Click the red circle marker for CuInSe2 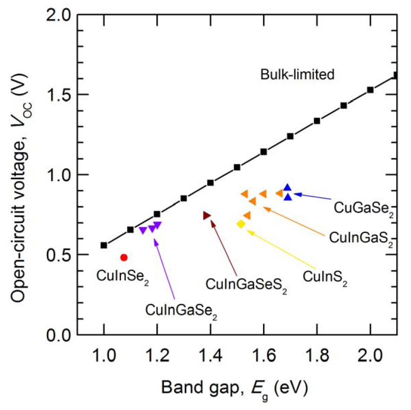(124, 257)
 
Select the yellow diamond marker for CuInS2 (241, 224)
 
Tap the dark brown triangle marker (207, 215)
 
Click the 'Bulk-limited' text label (297, 74)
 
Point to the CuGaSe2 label (364, 208)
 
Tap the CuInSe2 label (122, 276)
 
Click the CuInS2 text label (325, 278)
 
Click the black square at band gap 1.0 (104, 245)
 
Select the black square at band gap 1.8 (317, 121)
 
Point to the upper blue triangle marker (287, 187)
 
